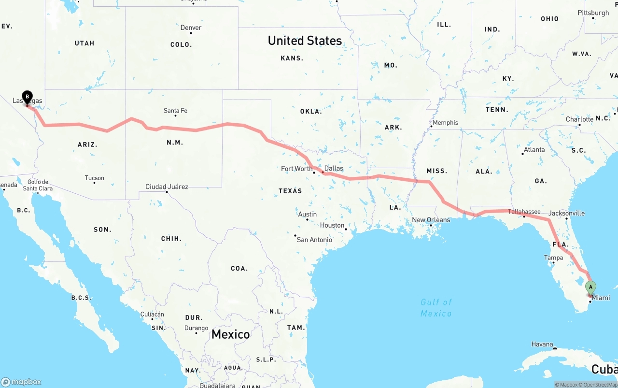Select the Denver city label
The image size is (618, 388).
tap(191, 28)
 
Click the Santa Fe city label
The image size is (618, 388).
tap(175, 111)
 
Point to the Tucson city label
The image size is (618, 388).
tap(94, 178)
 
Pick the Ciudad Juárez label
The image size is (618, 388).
tap(167, 187)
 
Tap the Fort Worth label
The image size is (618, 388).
tap(296, 169)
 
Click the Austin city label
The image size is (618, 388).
tap(308, 214)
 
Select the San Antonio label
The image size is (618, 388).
tap(314, 240)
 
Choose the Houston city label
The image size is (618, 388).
tap(332, 225)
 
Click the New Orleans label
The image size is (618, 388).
tap(431, 220)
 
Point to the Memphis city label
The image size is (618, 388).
tap(445, 123)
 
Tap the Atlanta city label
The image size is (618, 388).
tap(534, 150)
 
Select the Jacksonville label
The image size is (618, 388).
tap(566, 213)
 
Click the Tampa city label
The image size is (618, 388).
tap(553, 258)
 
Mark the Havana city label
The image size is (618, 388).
tap(542, 345)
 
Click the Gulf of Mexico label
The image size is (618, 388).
tap(436, 308)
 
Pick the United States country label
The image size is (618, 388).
tap(305, 41)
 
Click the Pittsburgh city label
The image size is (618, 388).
tap(593, 13)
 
